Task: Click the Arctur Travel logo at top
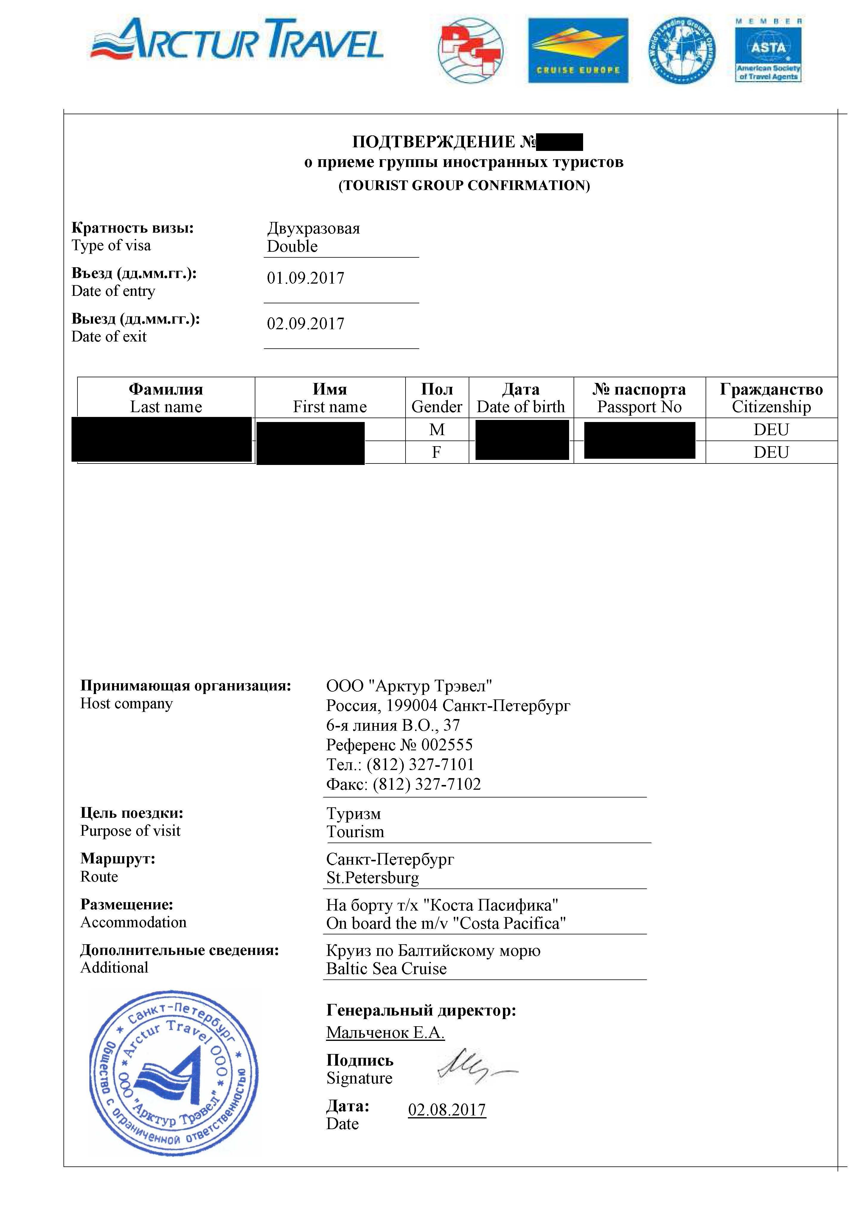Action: (237, 40)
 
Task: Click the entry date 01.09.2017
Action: (306, 278)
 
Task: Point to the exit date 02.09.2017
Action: (306, 324)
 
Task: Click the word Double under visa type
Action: (292, 247)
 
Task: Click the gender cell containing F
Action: (437, 452)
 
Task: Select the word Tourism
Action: (355, 832)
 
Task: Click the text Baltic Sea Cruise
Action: (386, 968)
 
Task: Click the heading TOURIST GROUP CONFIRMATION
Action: (464, 186)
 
